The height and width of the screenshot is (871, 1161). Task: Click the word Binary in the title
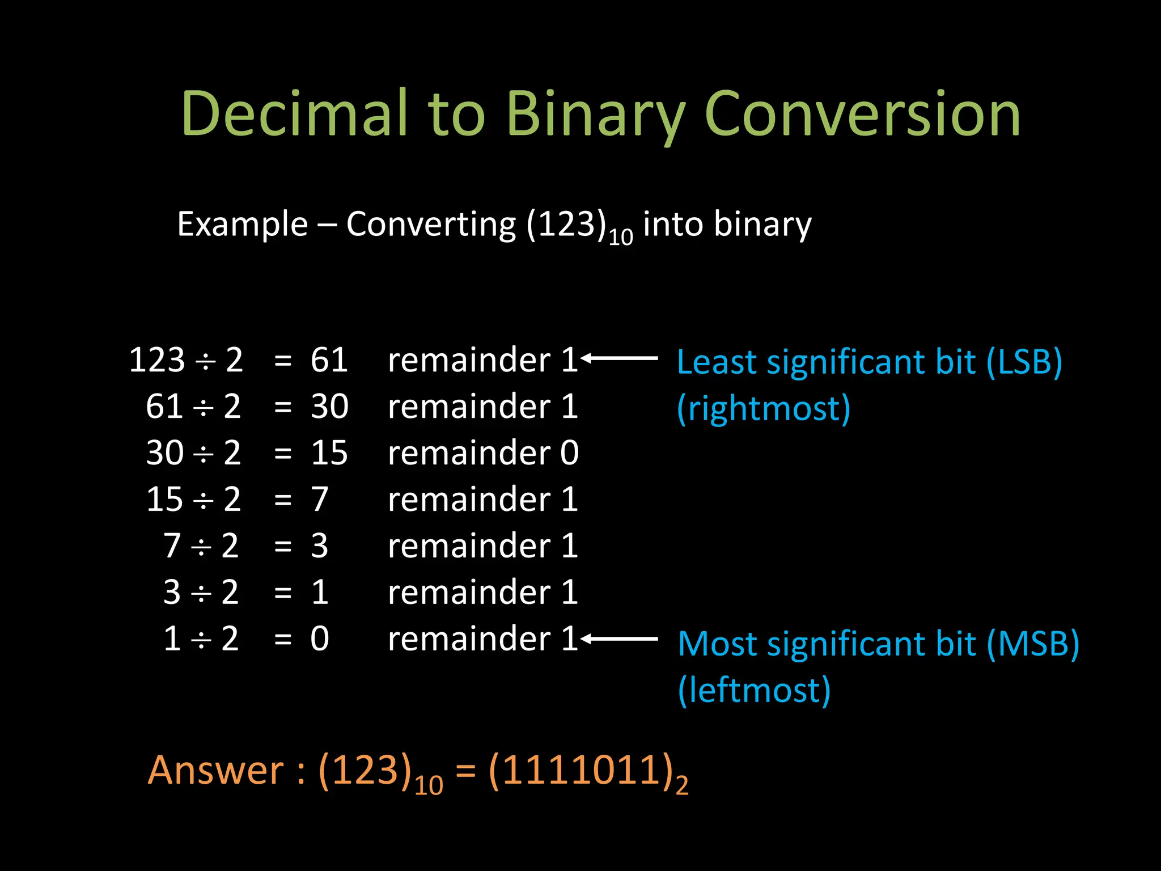595,115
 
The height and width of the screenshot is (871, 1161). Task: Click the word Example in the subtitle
242,225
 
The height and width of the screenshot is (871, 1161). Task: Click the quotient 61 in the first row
329,360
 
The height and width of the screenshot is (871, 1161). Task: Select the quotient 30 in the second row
329,407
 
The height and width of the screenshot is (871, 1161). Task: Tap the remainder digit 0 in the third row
569,453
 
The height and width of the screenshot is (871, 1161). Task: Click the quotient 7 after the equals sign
320,500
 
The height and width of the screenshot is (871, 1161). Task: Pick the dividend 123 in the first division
157,360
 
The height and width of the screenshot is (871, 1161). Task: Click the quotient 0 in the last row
320,639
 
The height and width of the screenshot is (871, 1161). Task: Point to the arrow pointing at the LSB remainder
619,358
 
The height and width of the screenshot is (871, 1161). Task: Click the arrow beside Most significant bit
619,639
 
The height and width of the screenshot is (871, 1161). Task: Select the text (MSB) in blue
1032,644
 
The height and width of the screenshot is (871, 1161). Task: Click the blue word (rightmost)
764,408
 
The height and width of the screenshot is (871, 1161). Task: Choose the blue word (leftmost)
754,691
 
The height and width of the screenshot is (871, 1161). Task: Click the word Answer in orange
215,771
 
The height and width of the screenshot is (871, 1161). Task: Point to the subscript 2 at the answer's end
682,785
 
